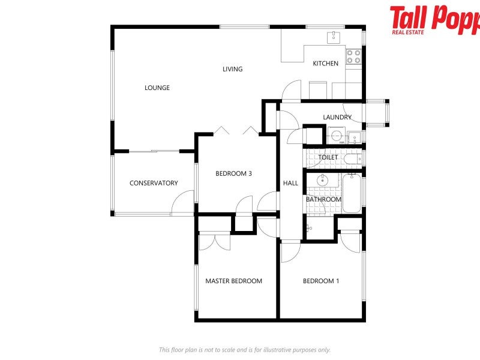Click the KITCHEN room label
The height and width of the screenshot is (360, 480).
tap(326, 64)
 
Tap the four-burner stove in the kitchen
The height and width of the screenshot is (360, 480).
tap(354, 56)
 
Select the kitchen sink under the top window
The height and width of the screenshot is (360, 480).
tap(334, 37)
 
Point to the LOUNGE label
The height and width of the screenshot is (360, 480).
tap(157, 88)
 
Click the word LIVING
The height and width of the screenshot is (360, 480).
tap(233, 69)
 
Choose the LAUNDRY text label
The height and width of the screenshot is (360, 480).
tap(337, 117)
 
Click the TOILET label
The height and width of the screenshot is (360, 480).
tap(328, 157)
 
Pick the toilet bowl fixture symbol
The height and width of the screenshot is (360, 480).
tap(354, 159)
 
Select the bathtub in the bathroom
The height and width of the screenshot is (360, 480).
tap(352, 193)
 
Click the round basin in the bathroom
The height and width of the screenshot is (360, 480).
tap(323, 179)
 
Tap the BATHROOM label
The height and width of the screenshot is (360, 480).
tap(324, 199)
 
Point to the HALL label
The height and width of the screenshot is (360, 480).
tap(290, 183)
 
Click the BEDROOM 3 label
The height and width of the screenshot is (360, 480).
tap(233, 173)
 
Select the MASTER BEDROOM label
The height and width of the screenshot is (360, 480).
tap(233, 281)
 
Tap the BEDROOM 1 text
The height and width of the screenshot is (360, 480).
tap(321, 281)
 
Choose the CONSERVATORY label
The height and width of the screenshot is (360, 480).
tap(154, 183)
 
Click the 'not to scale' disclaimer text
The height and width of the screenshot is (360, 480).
tap(244, 349)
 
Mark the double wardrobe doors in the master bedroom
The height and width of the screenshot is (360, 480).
tap(214, 241)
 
